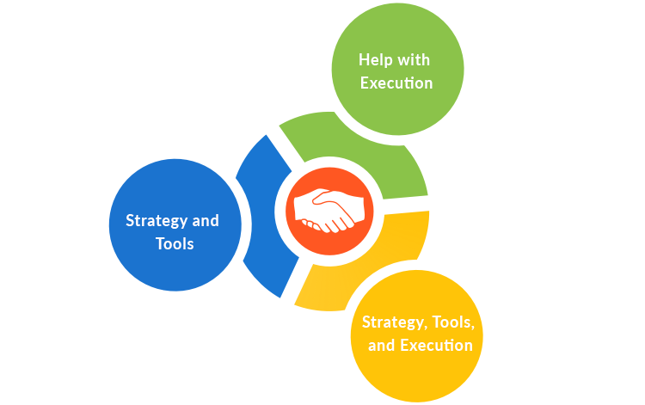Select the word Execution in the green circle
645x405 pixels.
click(396, 83)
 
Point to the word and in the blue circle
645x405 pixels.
click(206, 221)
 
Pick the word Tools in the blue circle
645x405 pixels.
click(175, 244)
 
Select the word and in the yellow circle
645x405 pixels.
click(382, 346)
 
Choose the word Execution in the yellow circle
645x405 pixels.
click(436, 346)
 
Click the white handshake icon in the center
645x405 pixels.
click(329, 211)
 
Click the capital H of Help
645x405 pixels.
click(364, 59)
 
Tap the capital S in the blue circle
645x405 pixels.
click(130, 221)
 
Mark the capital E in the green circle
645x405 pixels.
click(365, 83)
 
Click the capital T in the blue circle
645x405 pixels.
click(161, 244)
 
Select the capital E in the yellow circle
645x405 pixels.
click(404, 346)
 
